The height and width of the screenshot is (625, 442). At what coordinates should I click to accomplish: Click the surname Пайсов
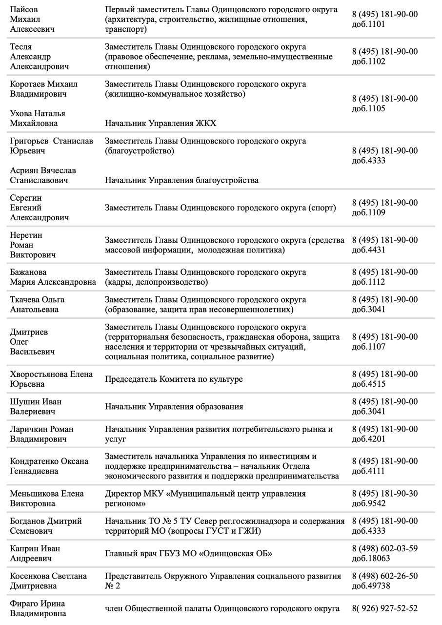tap(24, 10)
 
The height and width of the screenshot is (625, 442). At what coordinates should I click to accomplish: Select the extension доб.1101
tap(368, 24)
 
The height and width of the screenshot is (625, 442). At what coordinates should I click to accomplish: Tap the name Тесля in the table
tap(21, 47)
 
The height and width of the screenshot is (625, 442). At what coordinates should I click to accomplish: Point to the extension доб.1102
tap(368, 62)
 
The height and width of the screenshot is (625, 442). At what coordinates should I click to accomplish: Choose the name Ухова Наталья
tap(38, 113)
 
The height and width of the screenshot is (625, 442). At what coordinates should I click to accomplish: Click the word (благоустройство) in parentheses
tap(139, 151)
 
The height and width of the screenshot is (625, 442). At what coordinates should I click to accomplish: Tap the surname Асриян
tap(24, 170)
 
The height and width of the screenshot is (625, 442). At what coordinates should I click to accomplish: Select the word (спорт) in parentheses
tap(322, 208)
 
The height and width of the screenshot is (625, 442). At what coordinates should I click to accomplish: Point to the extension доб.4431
tap(368, 250)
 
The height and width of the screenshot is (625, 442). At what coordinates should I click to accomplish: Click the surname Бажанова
tap(28, 272)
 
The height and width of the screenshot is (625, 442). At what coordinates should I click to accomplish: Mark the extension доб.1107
tap(368, 347)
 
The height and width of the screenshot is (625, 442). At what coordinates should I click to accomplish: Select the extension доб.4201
tap(368, 439)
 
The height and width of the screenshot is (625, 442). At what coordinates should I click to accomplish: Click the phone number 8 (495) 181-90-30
tap(384, 494)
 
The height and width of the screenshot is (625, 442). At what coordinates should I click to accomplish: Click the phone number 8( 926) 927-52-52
tap(384, 608)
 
